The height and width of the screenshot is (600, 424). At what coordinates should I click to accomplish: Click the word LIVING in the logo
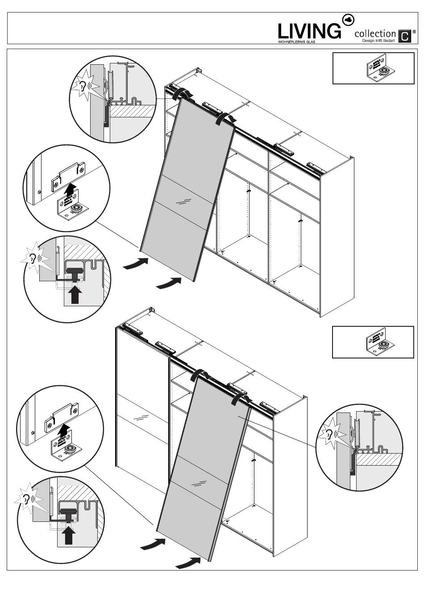coord(309,31)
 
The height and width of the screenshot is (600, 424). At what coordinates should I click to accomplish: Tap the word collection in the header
coord(375,34)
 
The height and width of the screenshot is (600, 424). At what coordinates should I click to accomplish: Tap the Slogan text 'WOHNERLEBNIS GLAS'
coord(296,41)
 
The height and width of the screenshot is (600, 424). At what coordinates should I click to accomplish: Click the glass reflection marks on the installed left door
coord(141,418)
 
